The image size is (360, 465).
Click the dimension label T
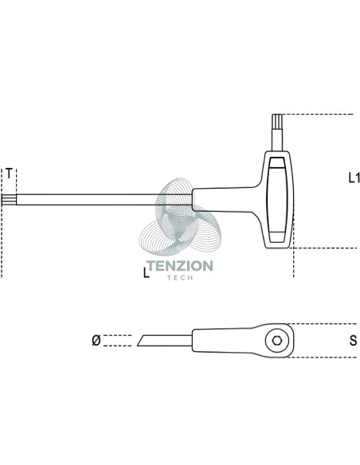coord(10,174)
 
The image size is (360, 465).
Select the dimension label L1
coord(354,178)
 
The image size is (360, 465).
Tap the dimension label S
coord(353,341)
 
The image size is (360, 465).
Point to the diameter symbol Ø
coord(96,340)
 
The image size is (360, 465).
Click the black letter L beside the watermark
coord(146,273)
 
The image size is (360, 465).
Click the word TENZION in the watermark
coord(180,266)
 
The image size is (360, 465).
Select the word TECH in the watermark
coord(180,278)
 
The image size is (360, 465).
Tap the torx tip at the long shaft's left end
coord(9,200)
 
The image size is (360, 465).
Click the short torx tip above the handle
coord(278,122)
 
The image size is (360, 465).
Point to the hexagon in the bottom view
coord(277,341)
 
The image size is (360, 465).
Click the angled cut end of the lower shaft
coord(140,341)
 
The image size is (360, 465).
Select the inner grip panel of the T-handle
coord(277,199)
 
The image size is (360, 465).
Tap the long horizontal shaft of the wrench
coord(104,200)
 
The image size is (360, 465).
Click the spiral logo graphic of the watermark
coord(180,217)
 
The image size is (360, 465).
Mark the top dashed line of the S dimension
coord(321,324)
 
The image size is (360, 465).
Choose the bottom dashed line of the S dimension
coord(322,358)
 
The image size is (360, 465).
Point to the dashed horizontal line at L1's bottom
coord(324,248)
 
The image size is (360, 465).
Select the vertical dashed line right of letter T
coord(16,181)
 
